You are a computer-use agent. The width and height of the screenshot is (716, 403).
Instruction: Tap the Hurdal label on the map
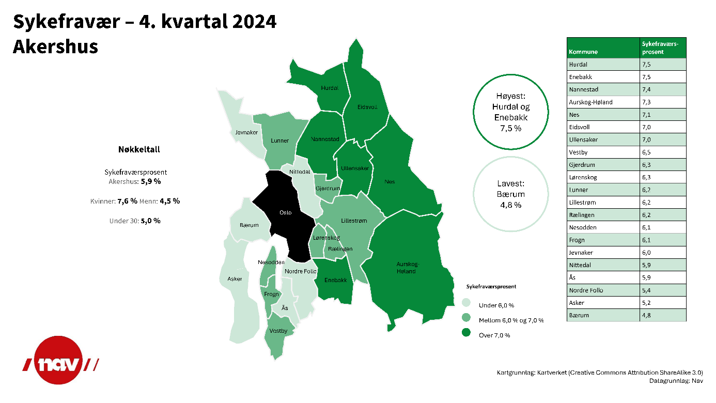coord(330,88)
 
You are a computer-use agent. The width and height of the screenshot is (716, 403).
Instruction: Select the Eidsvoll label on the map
coord(367,107)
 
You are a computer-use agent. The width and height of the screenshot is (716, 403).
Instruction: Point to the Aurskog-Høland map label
coord(407,268)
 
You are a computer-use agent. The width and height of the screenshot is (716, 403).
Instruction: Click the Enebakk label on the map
coord(335,280)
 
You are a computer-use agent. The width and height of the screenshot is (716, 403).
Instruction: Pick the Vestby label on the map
coord(278,331)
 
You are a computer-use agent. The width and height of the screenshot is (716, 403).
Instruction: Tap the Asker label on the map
coord(235,279)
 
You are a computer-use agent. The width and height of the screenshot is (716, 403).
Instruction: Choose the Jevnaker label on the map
coord(246,132)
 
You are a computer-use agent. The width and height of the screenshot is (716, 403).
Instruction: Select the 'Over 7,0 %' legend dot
coord(466,332)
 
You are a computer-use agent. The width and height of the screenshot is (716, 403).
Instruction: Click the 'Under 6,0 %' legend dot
coord(466,303)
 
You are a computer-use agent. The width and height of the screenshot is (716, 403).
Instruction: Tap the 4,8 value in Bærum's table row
coord(646,316)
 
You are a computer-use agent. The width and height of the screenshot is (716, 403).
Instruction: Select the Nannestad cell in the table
coord(603,89)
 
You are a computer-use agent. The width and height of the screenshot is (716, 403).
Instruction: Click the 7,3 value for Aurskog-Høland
coord(646,102)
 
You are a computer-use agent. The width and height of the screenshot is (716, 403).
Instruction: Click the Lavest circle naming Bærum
coord(510,157)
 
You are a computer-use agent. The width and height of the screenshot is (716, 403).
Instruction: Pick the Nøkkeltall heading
coord(139,149)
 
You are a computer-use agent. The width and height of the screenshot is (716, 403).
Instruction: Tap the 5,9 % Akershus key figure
coord(150,181)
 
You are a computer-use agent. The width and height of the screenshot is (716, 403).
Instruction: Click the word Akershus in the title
coord(55,47)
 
